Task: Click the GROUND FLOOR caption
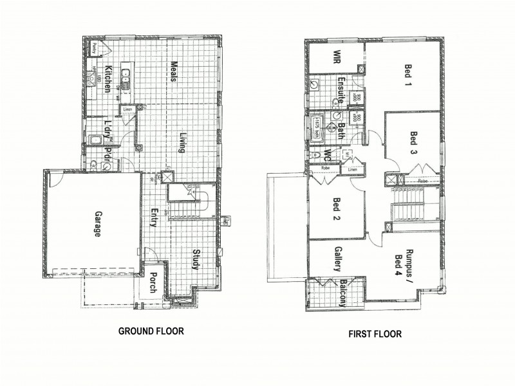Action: pos(151,331)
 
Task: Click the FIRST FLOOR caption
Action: pos(375,334)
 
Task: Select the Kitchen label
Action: pos(109,78)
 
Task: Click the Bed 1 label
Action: pos(407,75)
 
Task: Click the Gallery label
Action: pos(337,259)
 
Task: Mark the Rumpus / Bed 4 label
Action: pos(406,260)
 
